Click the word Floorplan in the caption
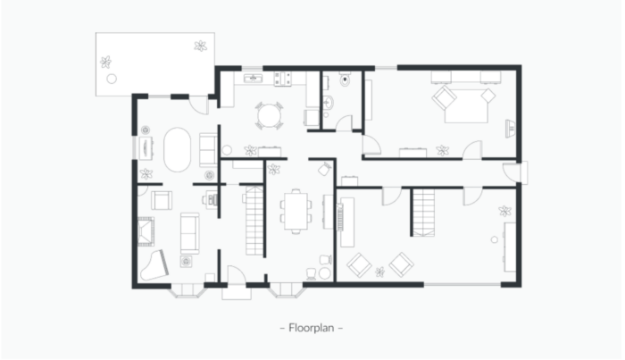point(311,328)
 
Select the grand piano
point(154,265)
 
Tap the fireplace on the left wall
point(146,231)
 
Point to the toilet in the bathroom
point(345,79)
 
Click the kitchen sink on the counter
point(253,78)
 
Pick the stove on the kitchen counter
point(283,79)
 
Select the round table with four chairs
point(269,115)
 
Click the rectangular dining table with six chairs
point(296,212)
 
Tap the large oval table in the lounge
point(177,149)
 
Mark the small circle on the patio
point(112,79)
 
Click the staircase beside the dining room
point(254,221)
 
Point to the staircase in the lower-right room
point(423,213)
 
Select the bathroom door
point(344,122)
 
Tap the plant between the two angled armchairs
point(379,272)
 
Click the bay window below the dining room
point(287,289)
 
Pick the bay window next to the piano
point(187,290)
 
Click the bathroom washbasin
point(328,103)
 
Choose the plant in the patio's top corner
point(201,46)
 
